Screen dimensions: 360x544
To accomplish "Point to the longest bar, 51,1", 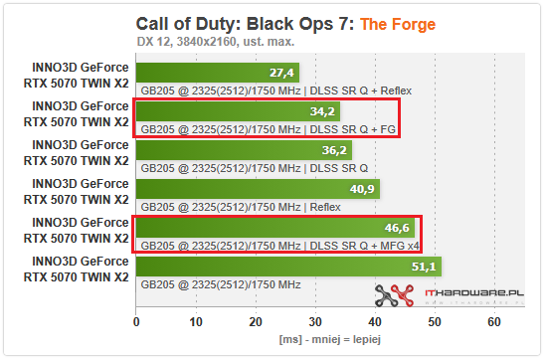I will tap(288, 267).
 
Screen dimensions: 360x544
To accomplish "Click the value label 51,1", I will tap(423, 267).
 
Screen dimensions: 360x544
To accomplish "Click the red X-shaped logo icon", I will tap(392, 294).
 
